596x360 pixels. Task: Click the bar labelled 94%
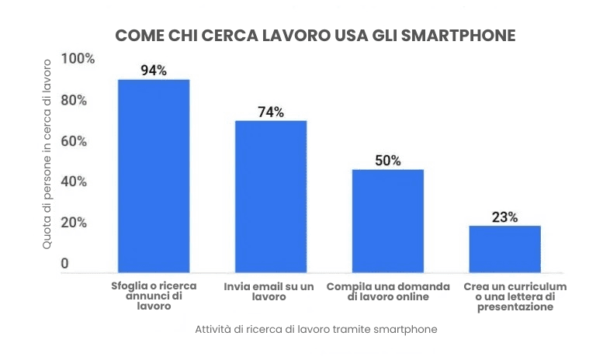click(x=154, y=175)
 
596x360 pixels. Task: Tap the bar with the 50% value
click(x=388, y=220)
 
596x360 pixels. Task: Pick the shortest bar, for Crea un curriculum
click(x=504, y=248)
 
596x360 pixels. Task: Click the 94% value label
click(x=154, y=71)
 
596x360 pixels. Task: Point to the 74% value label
click(x=271, y=112)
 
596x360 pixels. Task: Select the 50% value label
click(x=388, y=161)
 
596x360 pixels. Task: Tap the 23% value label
click(x=504, y=217)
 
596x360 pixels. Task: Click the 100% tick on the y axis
click(x=78, y=60)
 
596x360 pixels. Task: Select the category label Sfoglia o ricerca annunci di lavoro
click(x=154, y=296)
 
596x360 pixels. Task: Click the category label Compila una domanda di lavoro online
click(x=388, y=291)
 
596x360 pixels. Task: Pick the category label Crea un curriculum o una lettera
click(x=504, y=296)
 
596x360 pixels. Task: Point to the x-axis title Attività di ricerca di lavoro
click(x=317, y=329)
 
